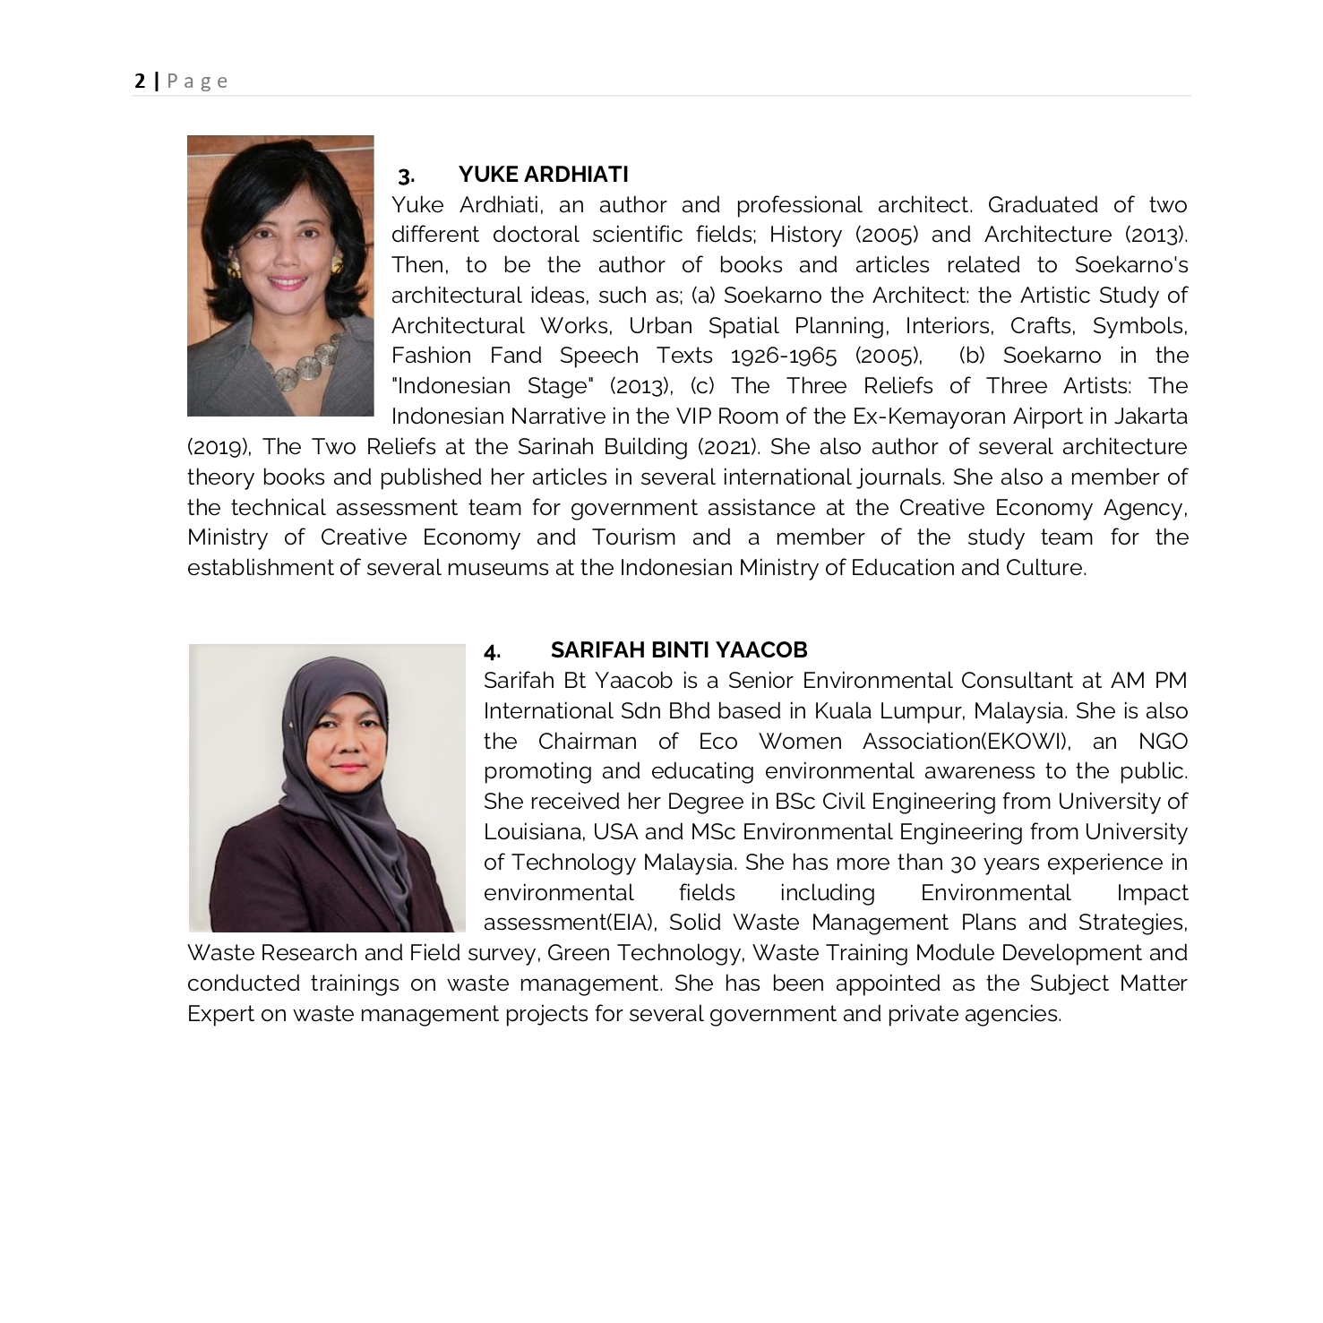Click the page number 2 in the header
coord(140,82)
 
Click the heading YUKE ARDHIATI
coord(543,174)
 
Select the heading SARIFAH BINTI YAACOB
coord(679,649)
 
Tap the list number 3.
coord(406,176)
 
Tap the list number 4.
coord(492,651)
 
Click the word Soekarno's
coord(1130,265)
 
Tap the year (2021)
coord(727,447)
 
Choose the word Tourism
coord(633,537)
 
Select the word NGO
coord(1163,742)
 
